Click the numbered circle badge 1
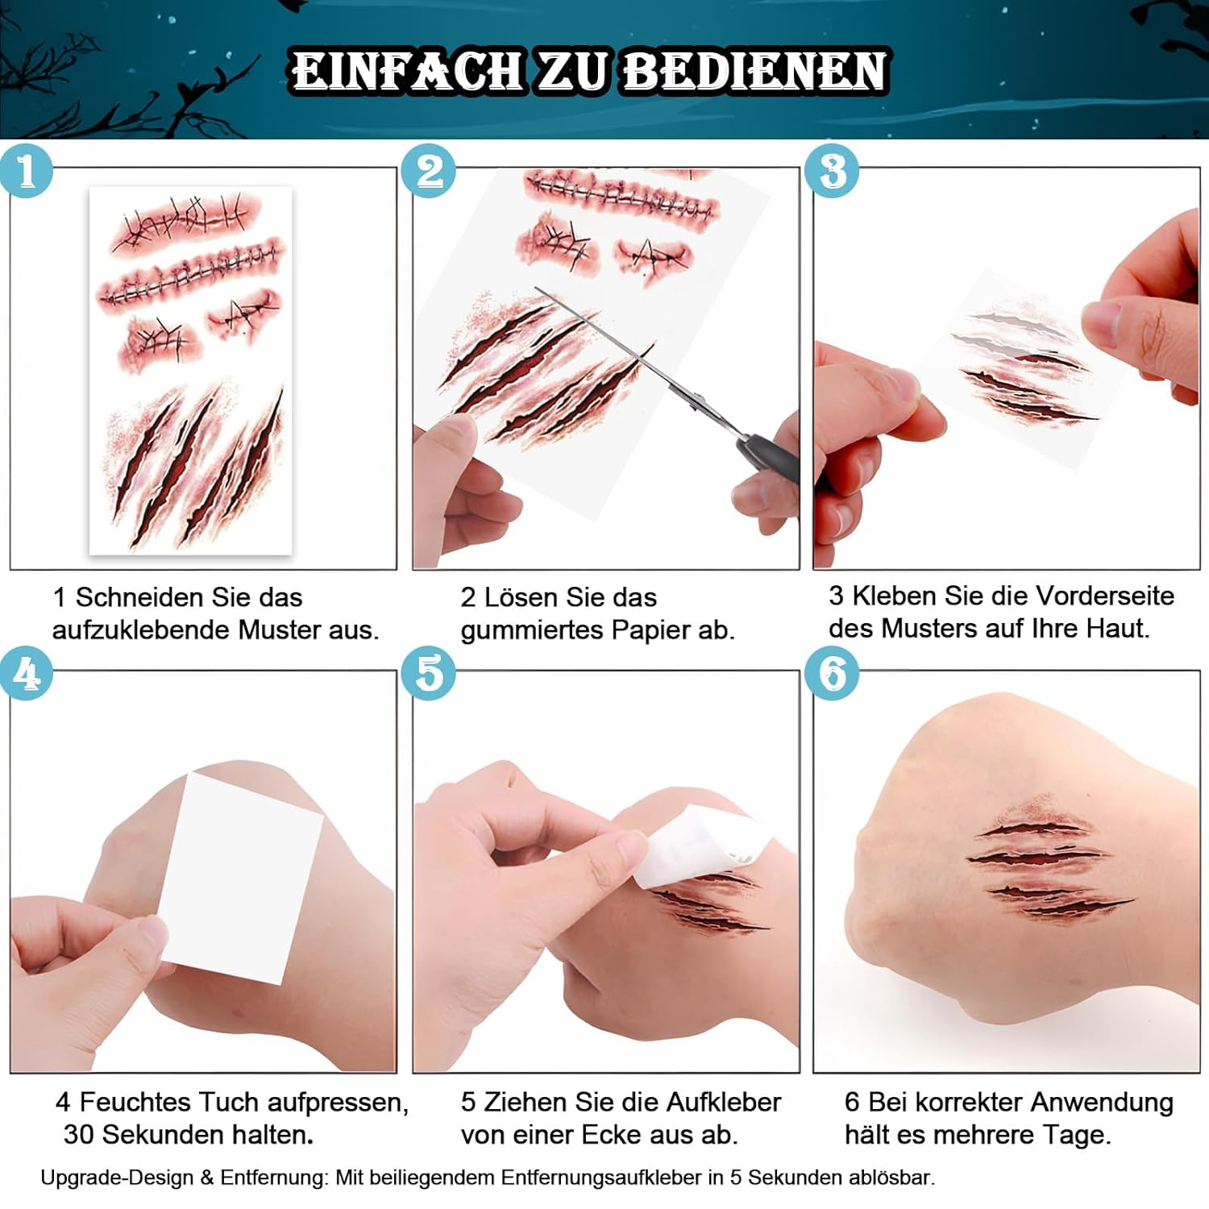27,170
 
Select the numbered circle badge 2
429,170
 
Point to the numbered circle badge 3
833,170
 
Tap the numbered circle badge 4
27,673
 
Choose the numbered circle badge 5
429,673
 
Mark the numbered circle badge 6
833,673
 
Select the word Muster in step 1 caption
281,629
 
